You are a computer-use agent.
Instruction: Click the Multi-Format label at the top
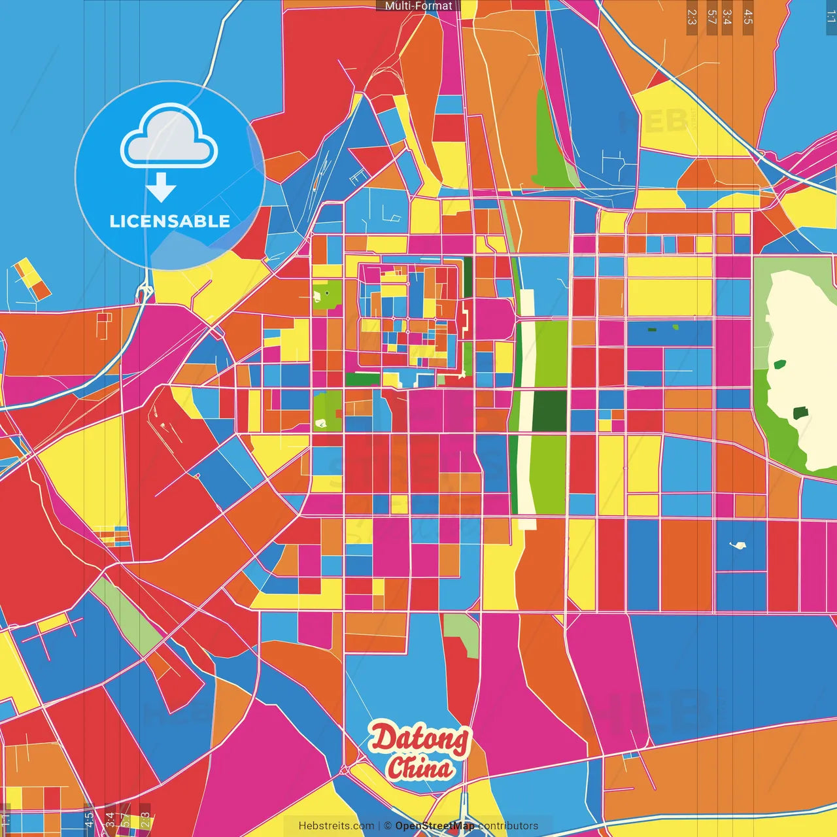[x=418, y=6]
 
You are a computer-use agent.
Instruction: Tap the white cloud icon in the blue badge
[x=169, y=136]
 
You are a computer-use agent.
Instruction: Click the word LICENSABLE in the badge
[x=170, y=222]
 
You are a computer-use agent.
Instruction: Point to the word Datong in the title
[x=420, y=739]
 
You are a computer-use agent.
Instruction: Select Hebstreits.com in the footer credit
[x=336, y=826]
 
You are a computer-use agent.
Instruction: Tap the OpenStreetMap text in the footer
[x=434, y=826]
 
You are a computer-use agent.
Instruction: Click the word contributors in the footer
[x=508, y=826]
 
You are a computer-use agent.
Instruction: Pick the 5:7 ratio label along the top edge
[x=711, y=17]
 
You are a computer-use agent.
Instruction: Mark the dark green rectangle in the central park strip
[x=549, y=411]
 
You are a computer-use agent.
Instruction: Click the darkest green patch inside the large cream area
[x=800, y=413]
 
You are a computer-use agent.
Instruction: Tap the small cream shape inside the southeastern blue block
[x=738, y=545]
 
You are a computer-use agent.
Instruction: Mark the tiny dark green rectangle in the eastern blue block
[x=652, y=330]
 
